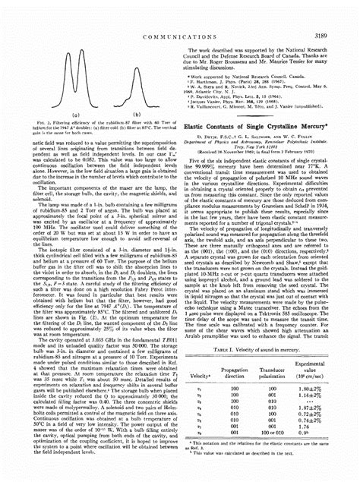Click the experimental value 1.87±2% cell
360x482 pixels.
321,398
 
